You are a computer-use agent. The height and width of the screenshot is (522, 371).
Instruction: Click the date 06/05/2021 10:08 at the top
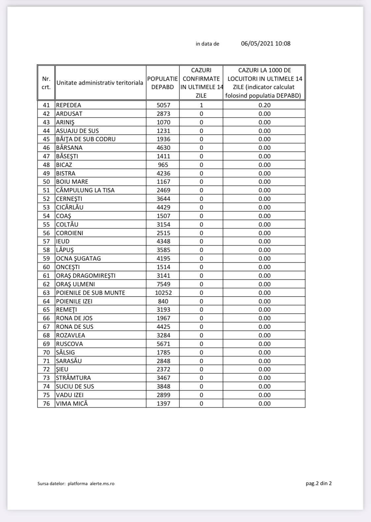click(265, 44)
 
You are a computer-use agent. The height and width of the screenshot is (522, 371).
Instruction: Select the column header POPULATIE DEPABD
click(163, 83)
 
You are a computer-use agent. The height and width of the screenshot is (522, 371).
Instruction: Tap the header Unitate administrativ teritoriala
click(100, 83)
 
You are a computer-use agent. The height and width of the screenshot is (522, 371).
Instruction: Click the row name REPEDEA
click(69, 105)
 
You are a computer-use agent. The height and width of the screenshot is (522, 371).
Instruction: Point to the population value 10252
click(163, 293)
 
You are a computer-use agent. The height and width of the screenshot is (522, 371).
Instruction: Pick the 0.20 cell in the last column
click(264, 105)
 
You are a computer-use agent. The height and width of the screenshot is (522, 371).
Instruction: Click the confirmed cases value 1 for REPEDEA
click(201, 105)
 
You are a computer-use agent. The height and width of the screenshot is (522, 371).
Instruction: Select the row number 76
click(46, 404)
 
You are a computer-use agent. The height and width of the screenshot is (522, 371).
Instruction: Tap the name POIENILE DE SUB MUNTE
click(91, 293)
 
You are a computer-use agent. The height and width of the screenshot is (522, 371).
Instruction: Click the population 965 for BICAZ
click(163, 165)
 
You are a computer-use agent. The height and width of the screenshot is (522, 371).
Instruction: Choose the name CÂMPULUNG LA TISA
click(85, 190)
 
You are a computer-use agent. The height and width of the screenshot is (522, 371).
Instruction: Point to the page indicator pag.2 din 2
click(319, 483)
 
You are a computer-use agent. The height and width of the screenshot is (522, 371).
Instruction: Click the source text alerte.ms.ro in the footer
click(102, 484)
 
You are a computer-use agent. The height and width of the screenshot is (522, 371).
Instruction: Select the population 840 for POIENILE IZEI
click(163, 301)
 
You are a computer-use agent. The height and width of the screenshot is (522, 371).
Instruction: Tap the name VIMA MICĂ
click(72, 404)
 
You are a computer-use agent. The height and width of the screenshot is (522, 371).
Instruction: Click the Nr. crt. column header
click(46, 83)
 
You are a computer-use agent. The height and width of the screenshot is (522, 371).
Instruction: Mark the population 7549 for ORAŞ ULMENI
click(163, 284)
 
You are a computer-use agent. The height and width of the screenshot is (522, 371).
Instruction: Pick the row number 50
click(46, 182)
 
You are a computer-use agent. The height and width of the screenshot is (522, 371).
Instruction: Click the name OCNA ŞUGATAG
click(78, 259)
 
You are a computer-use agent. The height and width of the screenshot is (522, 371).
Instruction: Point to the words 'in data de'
click(207, 44)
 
